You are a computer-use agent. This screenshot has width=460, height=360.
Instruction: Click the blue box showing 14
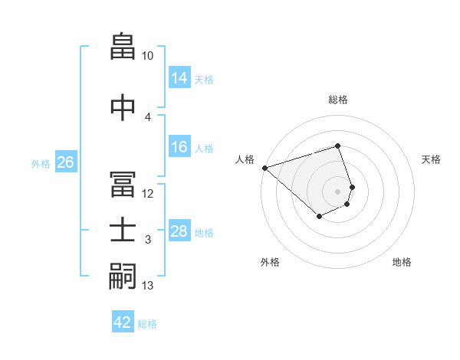(179, 78)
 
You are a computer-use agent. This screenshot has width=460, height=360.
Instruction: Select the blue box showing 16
(179, 147)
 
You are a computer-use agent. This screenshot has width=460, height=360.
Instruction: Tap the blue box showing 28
(179, 231)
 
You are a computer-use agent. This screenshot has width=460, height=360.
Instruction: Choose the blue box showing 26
(65, 162)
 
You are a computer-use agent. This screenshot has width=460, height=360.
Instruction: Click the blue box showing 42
(123, 322)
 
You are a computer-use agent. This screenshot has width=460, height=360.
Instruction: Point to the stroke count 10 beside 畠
(148, 56)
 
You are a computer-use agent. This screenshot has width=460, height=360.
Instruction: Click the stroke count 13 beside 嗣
(148, 286)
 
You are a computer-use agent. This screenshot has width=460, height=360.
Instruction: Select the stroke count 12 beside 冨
(148, 193)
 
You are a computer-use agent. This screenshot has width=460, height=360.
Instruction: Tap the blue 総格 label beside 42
(147, 324)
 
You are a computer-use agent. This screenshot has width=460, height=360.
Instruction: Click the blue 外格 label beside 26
(41, 164)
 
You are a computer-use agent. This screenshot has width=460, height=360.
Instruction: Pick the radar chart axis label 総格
(337, 100)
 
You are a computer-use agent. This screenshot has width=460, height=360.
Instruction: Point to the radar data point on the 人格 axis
(264, 168)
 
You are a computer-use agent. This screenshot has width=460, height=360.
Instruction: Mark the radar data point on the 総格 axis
(337, 146)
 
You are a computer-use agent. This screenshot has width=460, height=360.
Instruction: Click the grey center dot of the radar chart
(337, 191)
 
